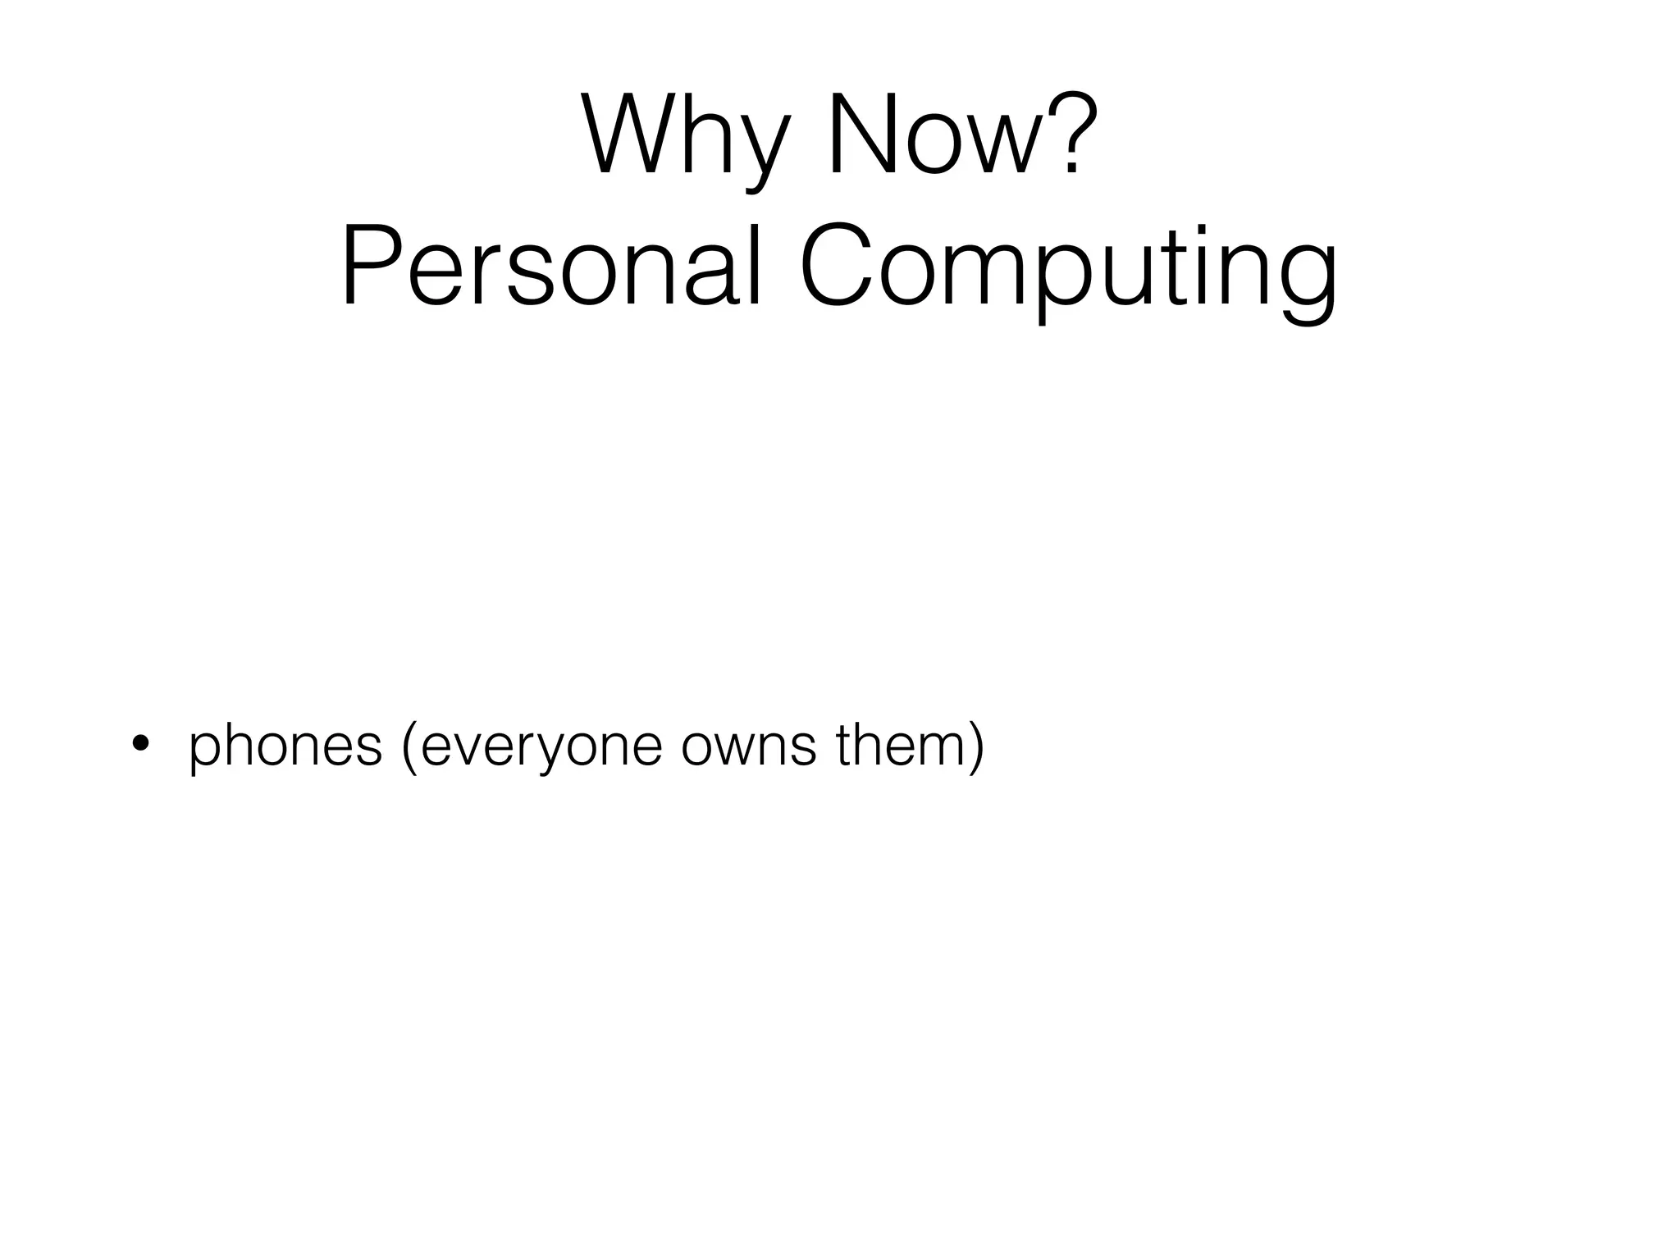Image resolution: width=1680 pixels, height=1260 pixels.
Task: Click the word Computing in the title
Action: (x=1066, y=267)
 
